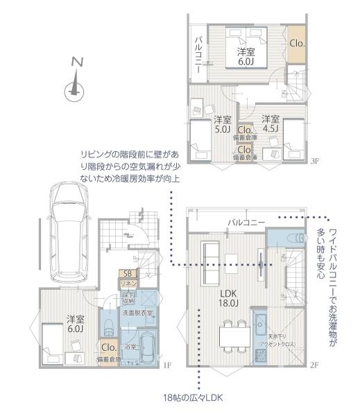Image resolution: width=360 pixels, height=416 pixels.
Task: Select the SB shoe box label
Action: click(127, 273)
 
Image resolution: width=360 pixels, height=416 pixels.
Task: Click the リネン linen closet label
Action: click(128, 284)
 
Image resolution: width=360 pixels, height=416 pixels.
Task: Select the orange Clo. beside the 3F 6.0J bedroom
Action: click(297, 43)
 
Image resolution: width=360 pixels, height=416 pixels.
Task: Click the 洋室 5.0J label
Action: click(222, 123)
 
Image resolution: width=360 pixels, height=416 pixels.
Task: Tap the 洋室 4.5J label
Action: click(270, 123)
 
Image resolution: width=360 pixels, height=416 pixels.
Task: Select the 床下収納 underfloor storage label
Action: click(128, 298)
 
